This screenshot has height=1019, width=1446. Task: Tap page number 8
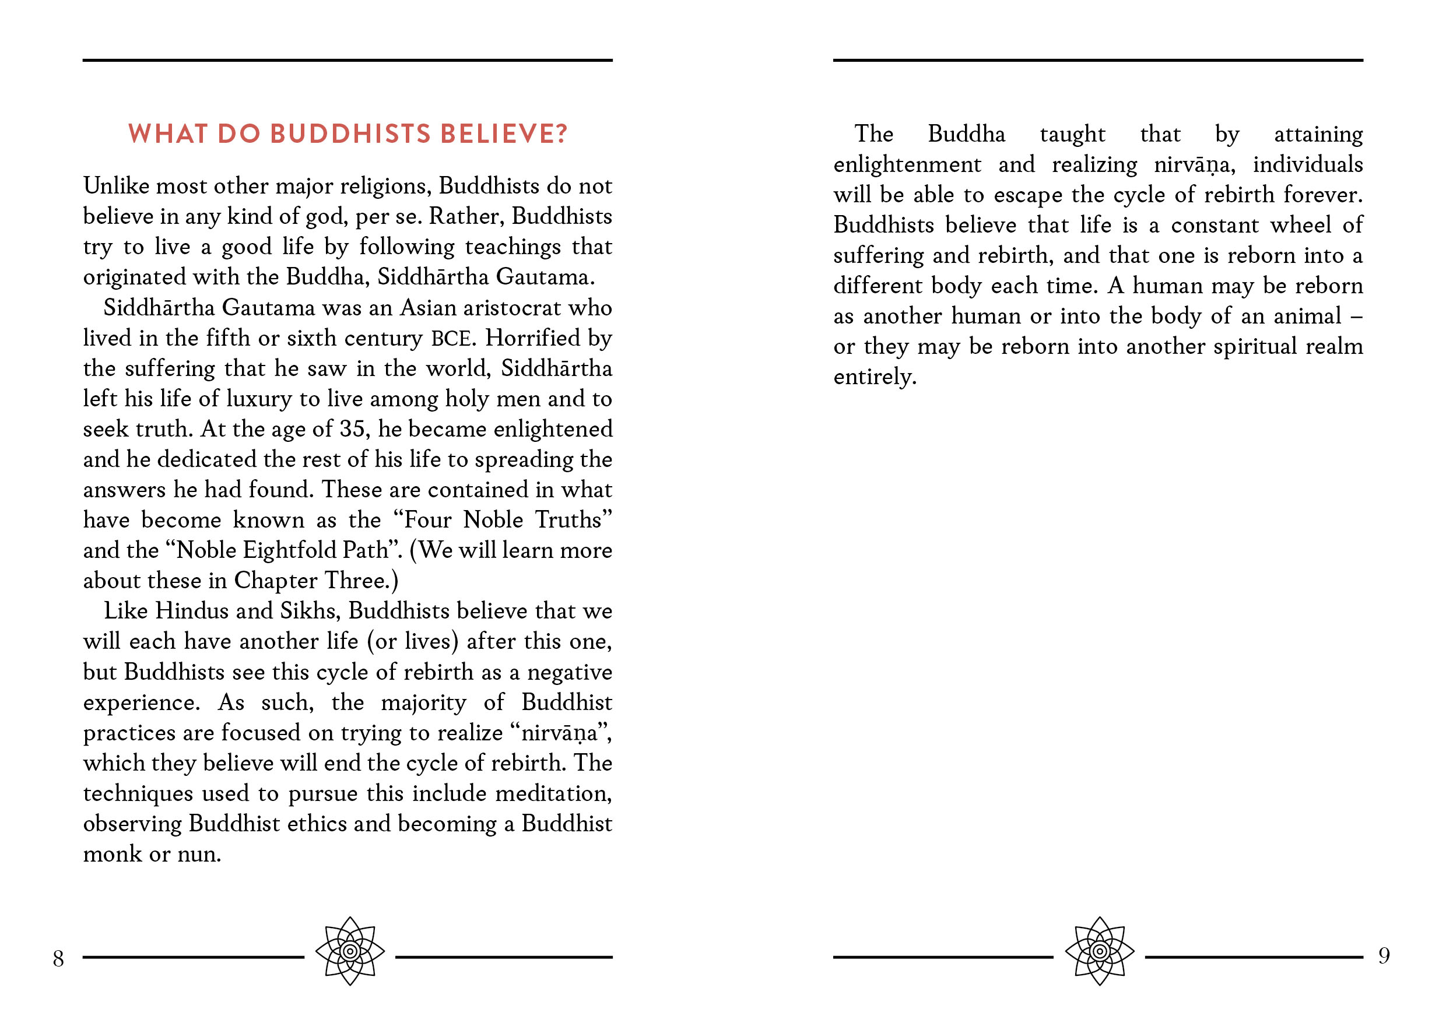click(58, 958)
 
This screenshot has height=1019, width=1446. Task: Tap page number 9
click(1384, 956)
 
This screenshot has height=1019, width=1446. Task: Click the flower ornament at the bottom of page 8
click(350, 951)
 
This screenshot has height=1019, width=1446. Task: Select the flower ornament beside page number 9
click(1100, 951)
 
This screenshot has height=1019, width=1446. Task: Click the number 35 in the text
click(352, 430)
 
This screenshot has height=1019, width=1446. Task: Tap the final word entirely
click(874, 377)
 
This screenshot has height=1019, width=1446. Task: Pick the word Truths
click(573, 520)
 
